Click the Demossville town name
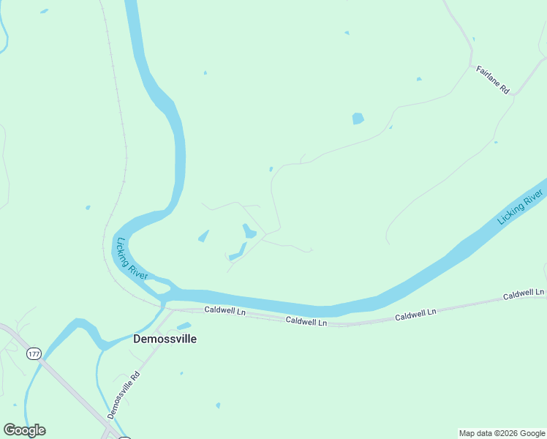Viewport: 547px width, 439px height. pyautogui.click(x=165, y=339)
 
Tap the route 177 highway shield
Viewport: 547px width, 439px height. pyautogui.click(x=33, y=354)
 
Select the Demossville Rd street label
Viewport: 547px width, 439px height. pyautogui.click(x=123, y=395)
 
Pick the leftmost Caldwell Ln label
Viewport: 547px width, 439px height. pyautogui.click(x=225, y=310)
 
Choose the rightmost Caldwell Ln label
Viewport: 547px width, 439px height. pyautogui.click(x=524, y=294)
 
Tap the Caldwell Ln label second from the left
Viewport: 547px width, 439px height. pyautogui.click(x=306, y=320)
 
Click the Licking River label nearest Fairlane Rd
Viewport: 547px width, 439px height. pyautogui.click(x=520, y=207)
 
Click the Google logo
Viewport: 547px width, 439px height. pyautogui.click(x=24, y=430)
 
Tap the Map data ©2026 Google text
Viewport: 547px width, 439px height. pyautogui.click(x=502, y=433)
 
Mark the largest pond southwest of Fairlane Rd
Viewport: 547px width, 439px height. pyautogui.click(x=358, y=119)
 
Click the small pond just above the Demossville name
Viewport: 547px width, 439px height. pyautogui.click(x=184, y=326)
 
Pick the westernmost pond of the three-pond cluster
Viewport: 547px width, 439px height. pyautogui.click(x=203, y=236)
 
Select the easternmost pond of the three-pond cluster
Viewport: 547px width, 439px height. pyautogui.click(x=249, y=231)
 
